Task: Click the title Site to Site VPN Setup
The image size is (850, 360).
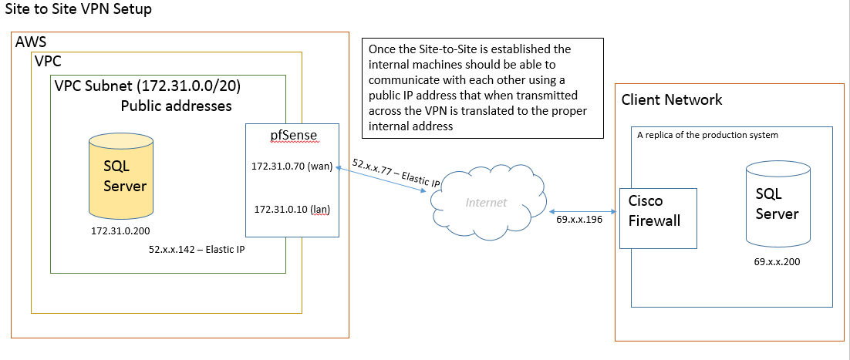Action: point(78,9)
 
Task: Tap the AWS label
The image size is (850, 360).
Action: point(31,42)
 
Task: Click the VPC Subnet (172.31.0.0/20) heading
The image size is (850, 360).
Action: point(148,86)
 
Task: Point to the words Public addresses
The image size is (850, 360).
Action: point(176,106)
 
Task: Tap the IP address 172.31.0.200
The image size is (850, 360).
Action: point(120,231)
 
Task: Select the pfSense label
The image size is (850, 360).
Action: point(293,134)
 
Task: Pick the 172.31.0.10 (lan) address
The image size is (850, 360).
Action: point(292,209)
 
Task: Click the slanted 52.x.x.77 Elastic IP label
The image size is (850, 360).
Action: point(396,173)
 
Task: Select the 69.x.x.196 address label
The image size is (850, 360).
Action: point(579,220)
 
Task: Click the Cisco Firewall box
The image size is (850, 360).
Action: point(658,218)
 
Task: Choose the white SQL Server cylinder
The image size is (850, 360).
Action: point(778,204)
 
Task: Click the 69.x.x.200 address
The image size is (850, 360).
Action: point(777,262)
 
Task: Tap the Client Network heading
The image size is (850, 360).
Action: point(672,99)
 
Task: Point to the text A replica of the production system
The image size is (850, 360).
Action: point(707,135)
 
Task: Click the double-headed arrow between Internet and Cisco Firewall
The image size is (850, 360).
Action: point(584,211)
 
